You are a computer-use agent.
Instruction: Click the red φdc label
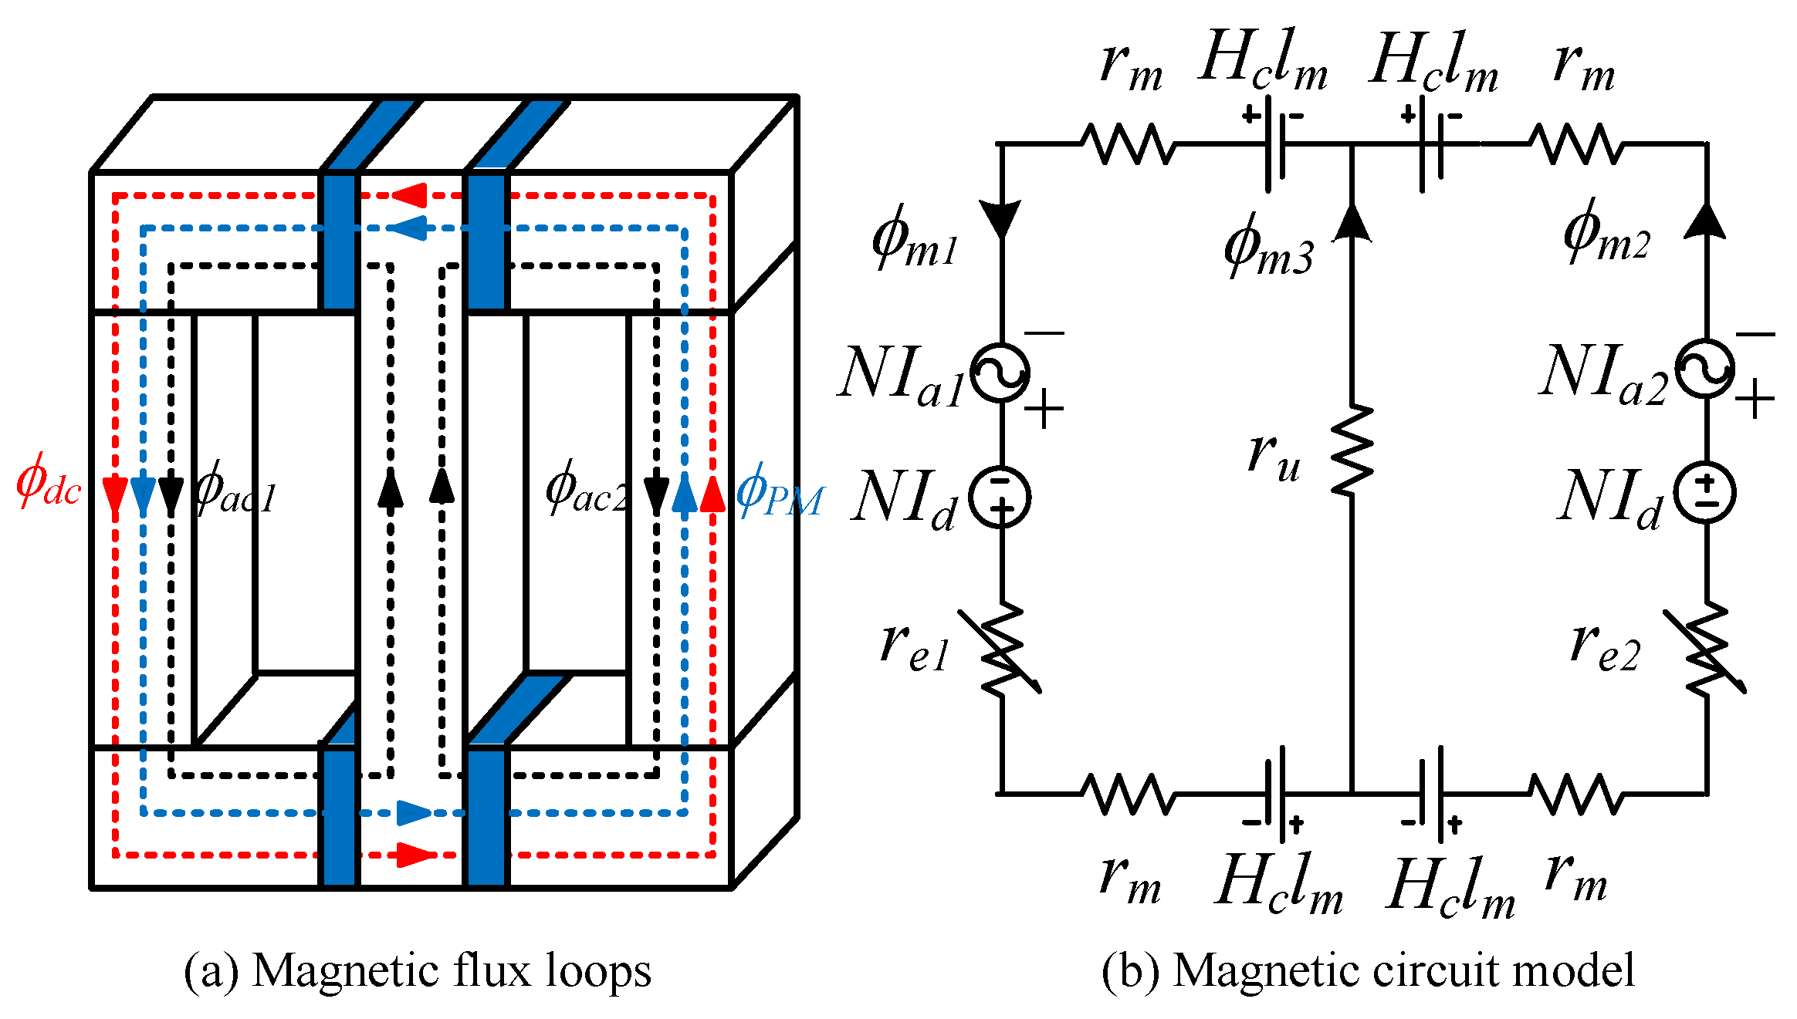[48, 483]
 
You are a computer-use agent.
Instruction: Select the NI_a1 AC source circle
[1000, 373]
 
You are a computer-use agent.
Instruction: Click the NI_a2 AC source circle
[1705, 369]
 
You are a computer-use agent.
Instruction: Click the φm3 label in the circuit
[1268, 247]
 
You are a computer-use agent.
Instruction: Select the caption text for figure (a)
[418, 970]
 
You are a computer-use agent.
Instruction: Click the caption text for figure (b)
[1367, 970]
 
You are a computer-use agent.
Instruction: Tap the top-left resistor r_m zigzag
[1129, 143]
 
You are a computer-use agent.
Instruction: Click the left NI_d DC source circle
[1000, 497]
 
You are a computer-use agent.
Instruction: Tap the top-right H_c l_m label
[1434, 62]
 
